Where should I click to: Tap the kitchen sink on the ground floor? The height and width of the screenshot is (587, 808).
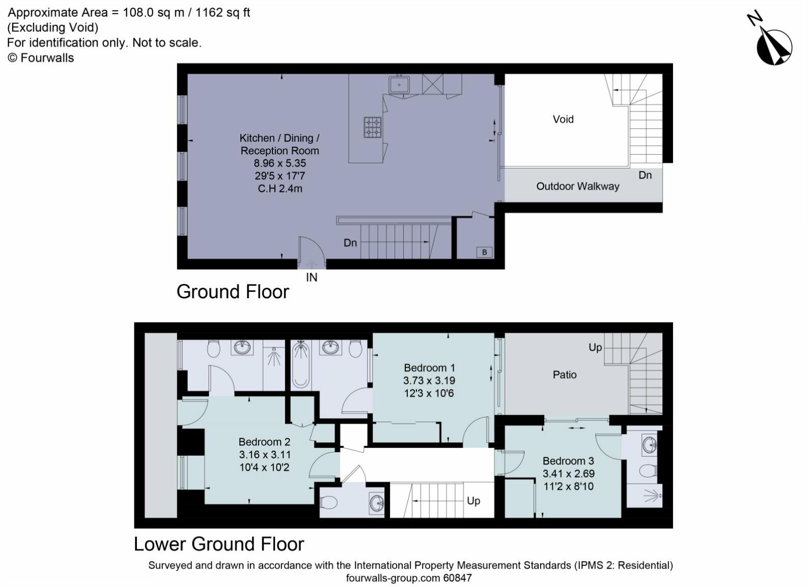click(x=400, y=84)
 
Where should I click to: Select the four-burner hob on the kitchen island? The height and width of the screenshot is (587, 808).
click(x=372, y=127)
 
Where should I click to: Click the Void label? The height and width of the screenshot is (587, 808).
click(x=563, y=119)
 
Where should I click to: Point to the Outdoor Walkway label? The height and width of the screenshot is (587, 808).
click(x=577, y=186)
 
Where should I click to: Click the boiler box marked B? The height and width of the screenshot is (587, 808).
click(x=484, y=252)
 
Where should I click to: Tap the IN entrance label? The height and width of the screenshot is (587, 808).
click(x=312, y=277)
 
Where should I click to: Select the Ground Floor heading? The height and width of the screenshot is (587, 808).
click(x=233, y=292)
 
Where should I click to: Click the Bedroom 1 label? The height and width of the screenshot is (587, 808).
click(x=429, y=368)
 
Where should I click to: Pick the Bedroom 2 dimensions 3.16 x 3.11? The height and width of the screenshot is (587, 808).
click(x=264, y=455)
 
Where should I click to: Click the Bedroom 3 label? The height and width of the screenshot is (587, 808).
click(x=568, y=461)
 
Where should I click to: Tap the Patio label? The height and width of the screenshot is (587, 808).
click(x=565, y=375)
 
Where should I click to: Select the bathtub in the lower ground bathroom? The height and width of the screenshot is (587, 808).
click(x=301, y=366)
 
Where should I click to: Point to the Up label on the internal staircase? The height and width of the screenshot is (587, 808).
click(x=473, y=501)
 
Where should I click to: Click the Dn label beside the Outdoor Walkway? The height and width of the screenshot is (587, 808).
click(x=645, y=175)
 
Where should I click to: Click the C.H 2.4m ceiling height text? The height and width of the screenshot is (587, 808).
click(x=280, y=189)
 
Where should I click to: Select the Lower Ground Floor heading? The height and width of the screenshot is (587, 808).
click(x=219, y=544)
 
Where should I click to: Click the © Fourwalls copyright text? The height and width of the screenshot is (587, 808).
click(x=41, y=58)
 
